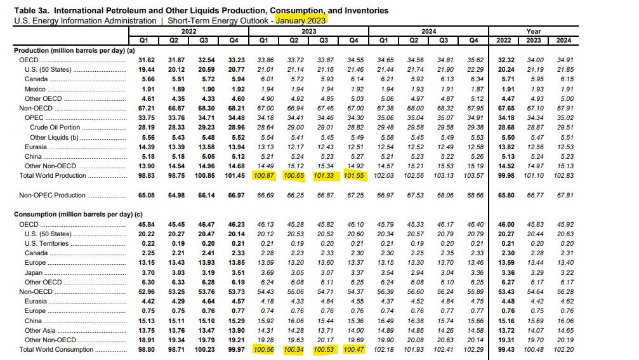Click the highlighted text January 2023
coord(300,21)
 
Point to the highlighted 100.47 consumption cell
coord(353,349)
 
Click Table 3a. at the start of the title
coord(31,11)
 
